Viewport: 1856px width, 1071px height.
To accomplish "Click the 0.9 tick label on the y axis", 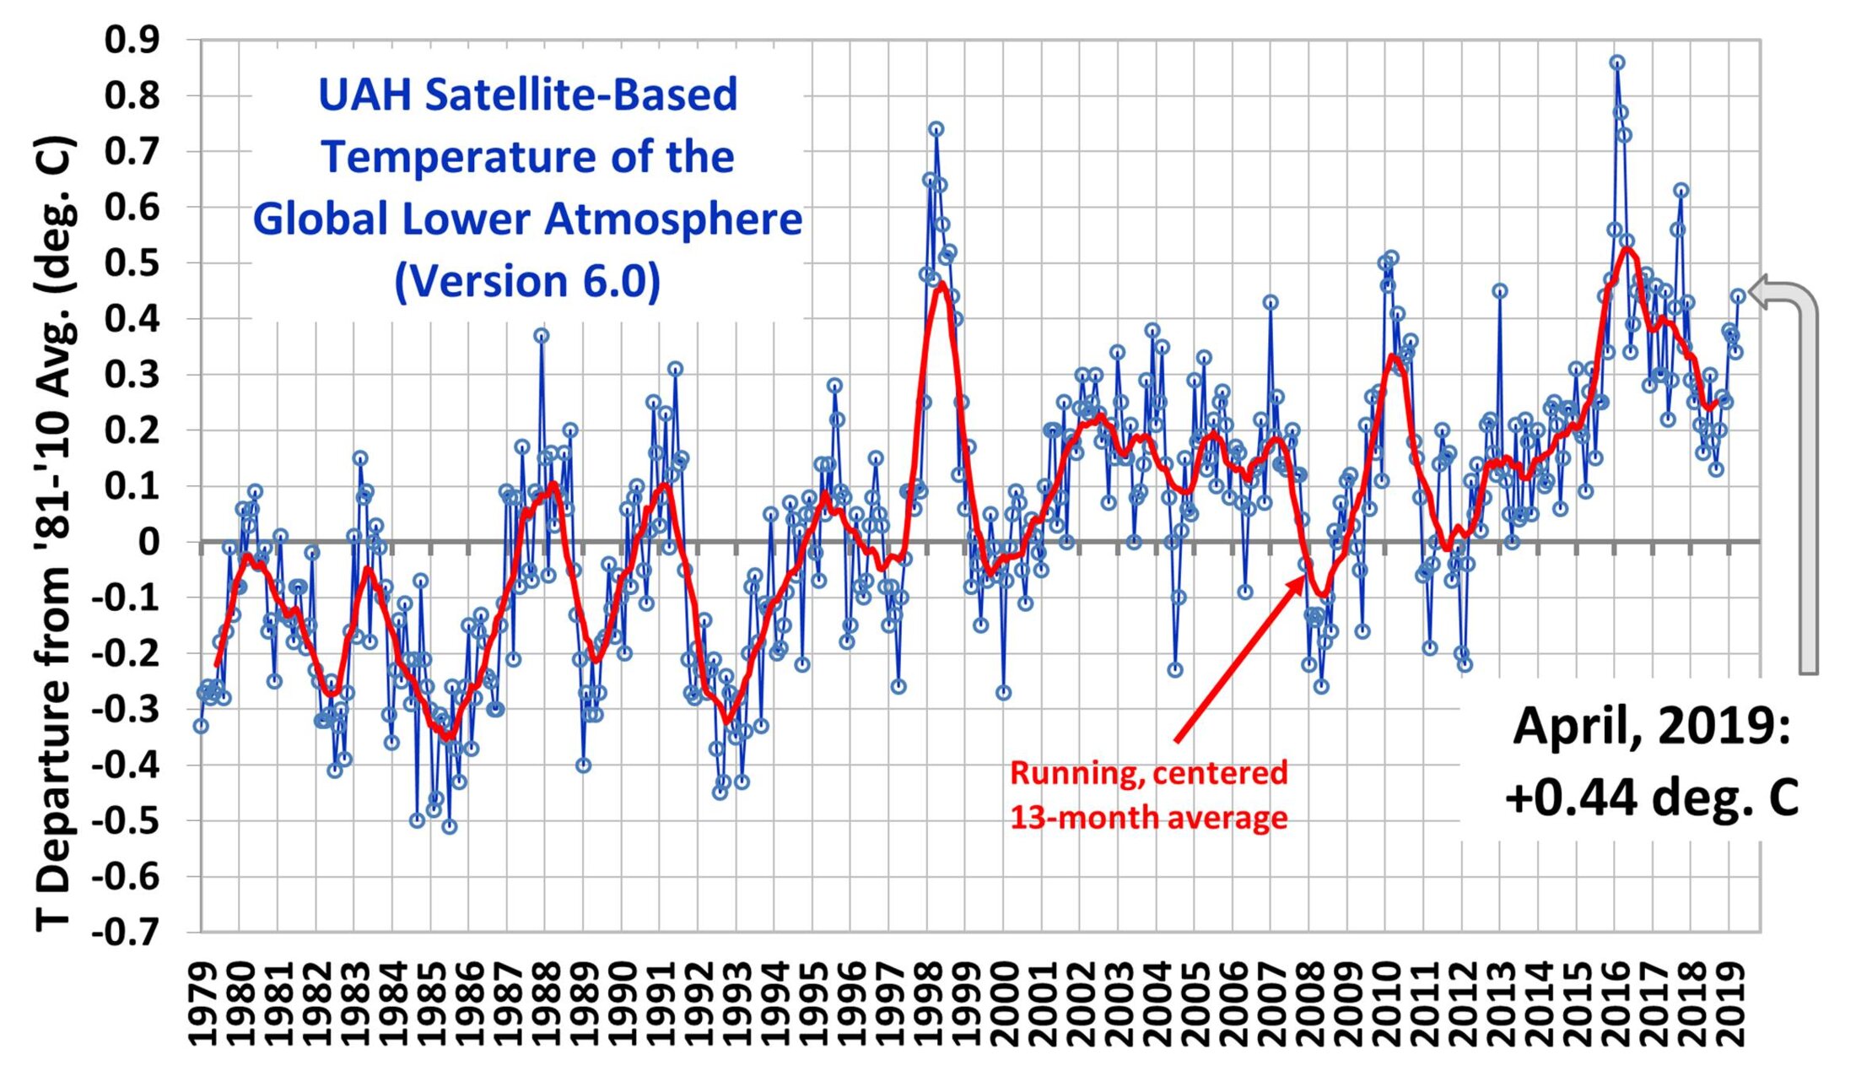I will pos(132,40).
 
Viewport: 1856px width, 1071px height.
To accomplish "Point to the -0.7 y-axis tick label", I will pos(127,932).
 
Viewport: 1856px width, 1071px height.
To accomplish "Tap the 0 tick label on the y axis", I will pos(149,542).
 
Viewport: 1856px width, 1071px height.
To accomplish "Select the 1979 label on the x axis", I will pos(202,1003).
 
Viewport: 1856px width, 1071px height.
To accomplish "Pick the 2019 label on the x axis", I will pos(1730,1003).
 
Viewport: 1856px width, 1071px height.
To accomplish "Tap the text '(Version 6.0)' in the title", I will pos(528,281).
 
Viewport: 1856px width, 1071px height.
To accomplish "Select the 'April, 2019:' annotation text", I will pos(1651,726).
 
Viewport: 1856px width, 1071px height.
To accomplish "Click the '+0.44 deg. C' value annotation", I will pos(1651,797).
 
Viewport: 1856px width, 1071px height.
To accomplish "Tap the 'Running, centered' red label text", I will pos(1148,773).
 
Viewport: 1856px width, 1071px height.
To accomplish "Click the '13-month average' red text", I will pos(1148,817).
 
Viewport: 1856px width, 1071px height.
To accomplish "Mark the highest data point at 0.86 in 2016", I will pos(1616,62).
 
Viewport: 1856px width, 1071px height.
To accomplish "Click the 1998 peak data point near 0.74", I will pos(936,129).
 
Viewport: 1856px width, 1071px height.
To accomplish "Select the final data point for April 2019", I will pos(1738,296).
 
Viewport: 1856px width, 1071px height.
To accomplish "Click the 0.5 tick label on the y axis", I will pos(132,263).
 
